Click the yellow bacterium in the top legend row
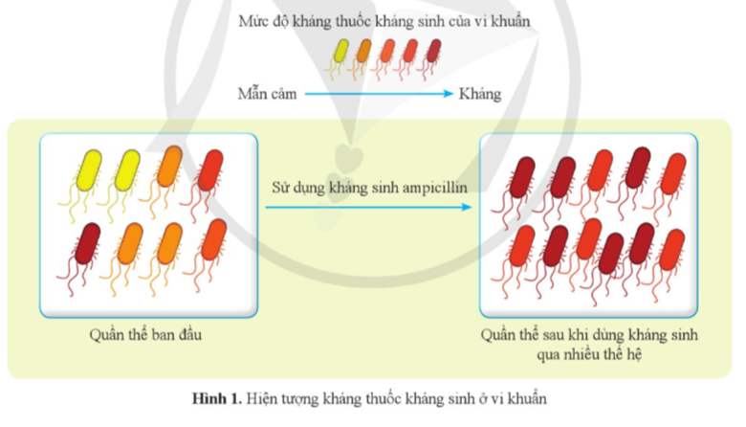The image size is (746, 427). [x=341, y=52]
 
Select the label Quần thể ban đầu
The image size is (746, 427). [x=147, y=334]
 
